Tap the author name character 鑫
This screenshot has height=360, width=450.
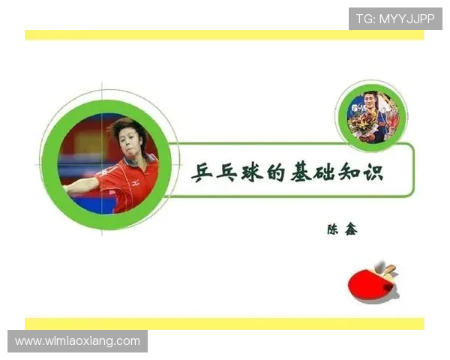pyautogui.click(x=350, y=229)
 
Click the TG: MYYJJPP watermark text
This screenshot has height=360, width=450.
pyautogui.click(x=394, y=19)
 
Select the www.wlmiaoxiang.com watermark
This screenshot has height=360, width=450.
pyautogui.click(x=77, y=341)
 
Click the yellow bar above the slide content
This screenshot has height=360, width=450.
pyautogui.click(x=225, y=35)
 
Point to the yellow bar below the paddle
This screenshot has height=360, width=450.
pyautogui.click(x=225, y=324)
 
